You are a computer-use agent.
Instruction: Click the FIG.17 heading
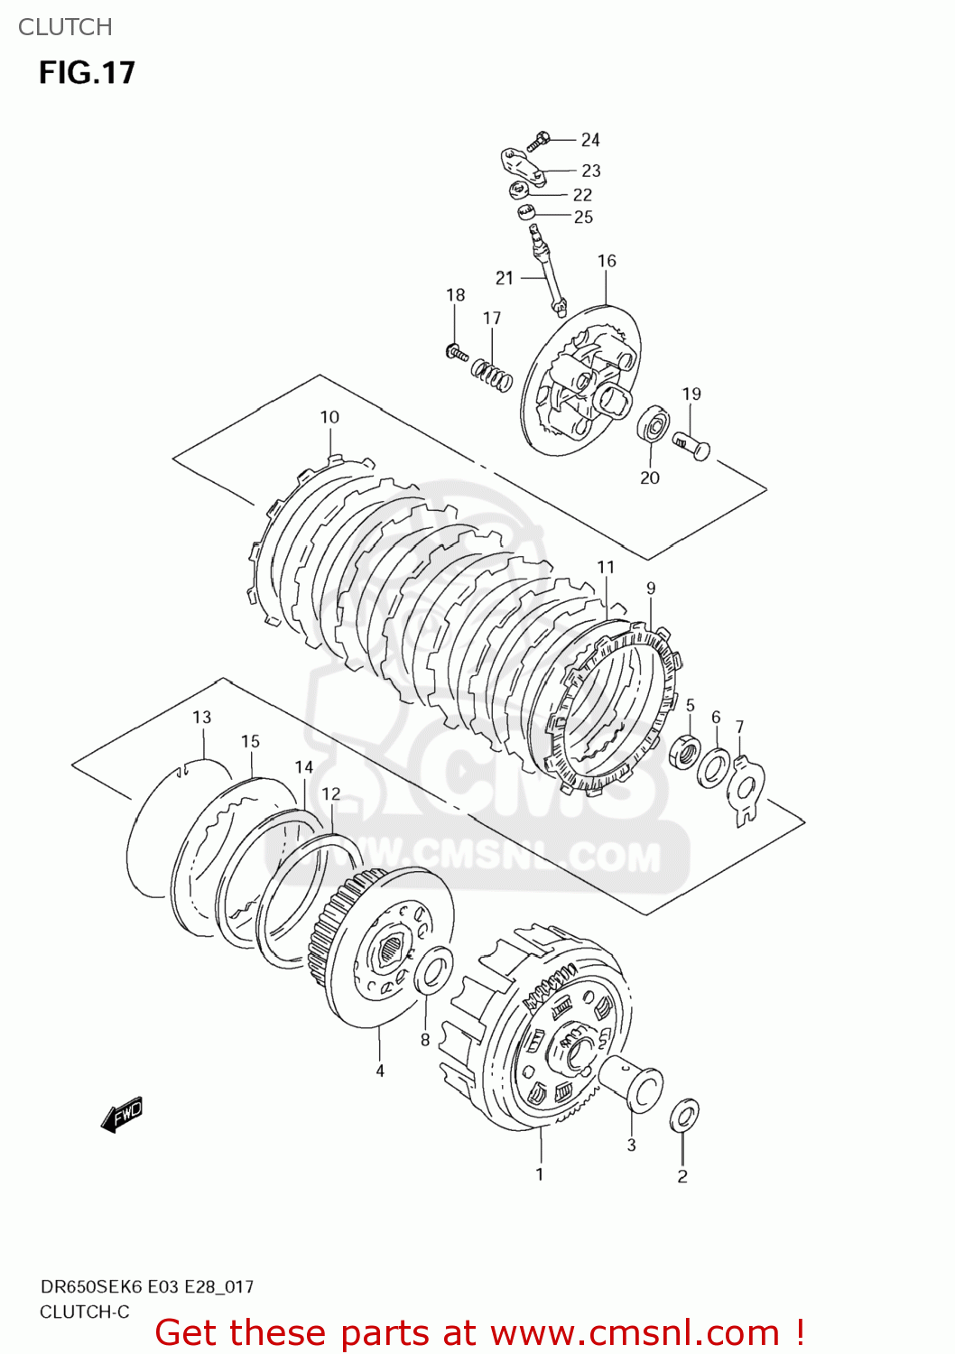[87, 72]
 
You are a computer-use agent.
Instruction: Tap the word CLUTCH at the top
[65, 27]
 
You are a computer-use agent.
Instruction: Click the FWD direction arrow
[122, 1115]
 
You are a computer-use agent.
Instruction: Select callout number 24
[590, 140]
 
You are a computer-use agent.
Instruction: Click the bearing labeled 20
[652, 425]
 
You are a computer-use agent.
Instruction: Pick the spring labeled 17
[492, 375]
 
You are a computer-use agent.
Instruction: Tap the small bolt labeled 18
[457, 352]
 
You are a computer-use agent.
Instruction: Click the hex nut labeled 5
[686, 751]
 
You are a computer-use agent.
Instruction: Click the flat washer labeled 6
[715, 767]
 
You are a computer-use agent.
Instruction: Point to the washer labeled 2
[683, 1116]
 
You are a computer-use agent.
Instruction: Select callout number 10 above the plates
[329, 417]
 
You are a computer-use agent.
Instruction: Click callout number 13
[201, 717]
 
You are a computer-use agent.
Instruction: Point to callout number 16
[607, 261]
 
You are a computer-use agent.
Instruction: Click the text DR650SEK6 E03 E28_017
[147, 1286]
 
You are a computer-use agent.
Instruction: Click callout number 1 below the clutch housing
[540, 1173]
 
